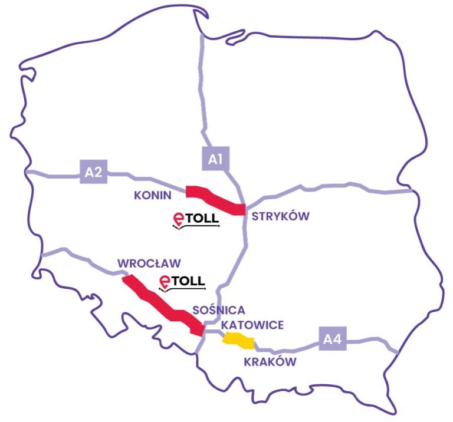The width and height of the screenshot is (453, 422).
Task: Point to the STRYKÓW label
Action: pos(280,216)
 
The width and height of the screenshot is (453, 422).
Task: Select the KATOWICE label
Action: pos(252,325)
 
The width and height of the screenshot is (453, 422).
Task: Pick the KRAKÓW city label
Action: pos(270,362)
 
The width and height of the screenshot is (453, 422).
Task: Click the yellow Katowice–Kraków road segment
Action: pos(238,339)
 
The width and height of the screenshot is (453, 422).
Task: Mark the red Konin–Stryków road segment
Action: pos(215,199)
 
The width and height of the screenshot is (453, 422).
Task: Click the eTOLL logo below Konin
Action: pos(196,220)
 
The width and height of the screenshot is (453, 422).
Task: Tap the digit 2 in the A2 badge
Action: pos(99,172)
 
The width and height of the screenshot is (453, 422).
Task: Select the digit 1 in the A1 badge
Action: pos(219,158)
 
